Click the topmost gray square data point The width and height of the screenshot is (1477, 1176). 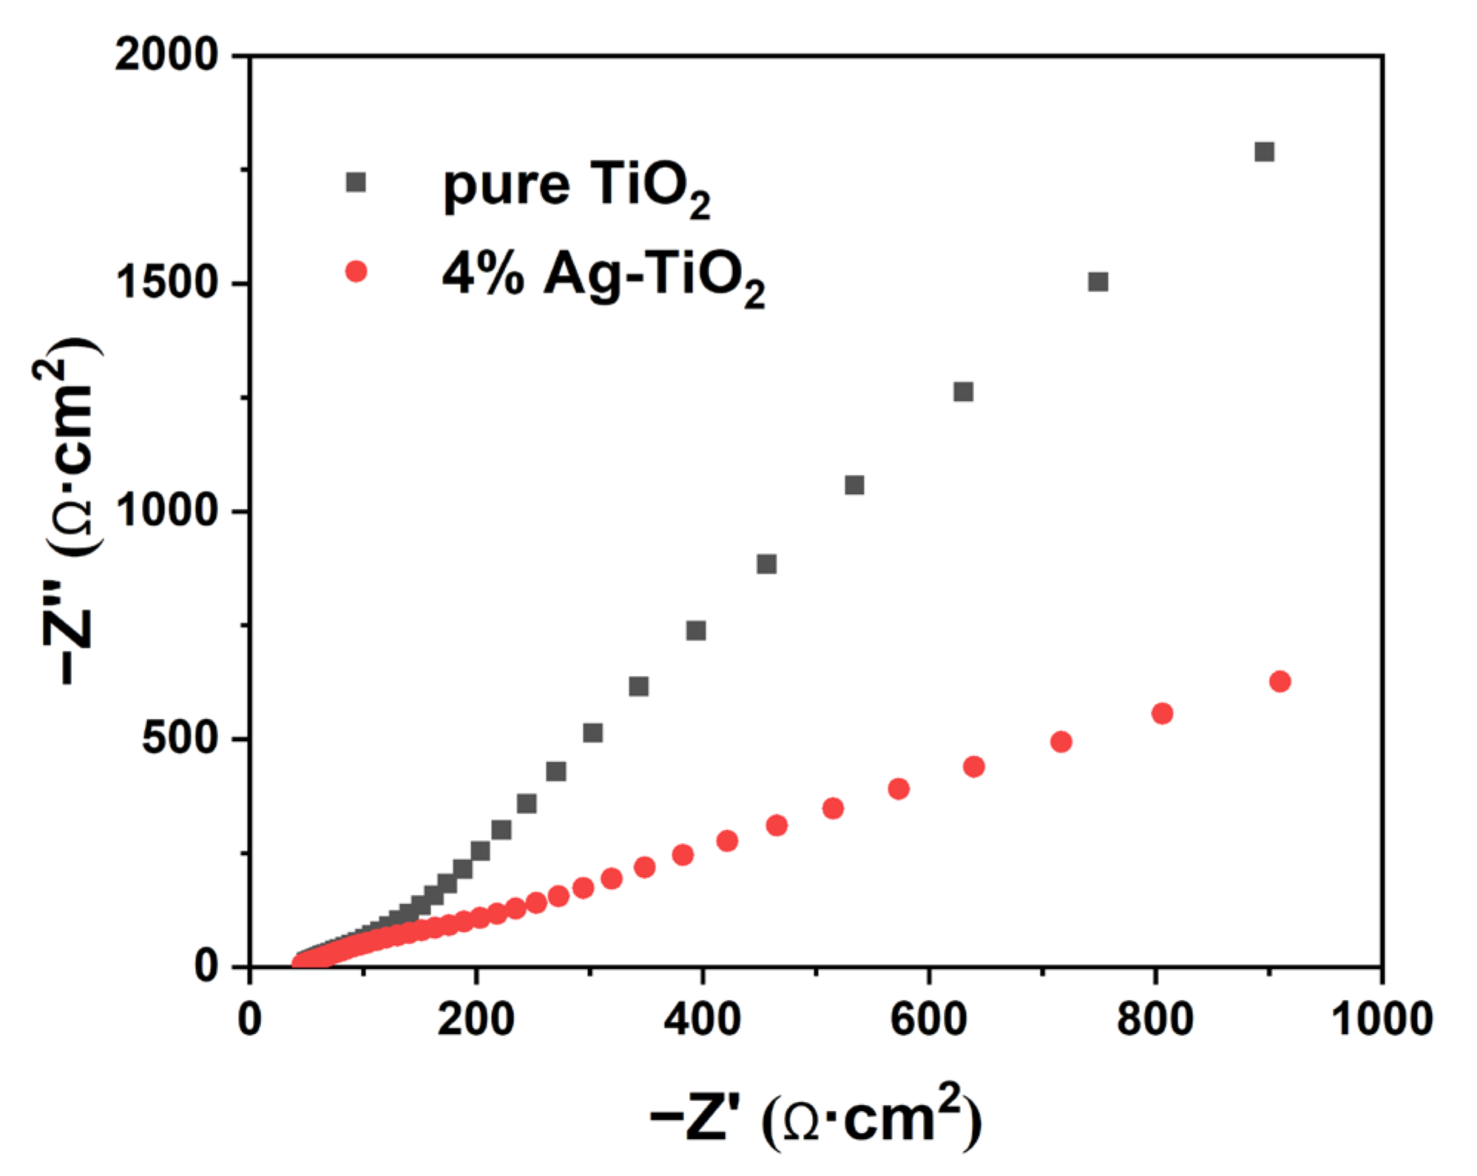(x=1264, y=152)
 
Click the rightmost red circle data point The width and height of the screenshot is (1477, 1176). (x=1280, y=681)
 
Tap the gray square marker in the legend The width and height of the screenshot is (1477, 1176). (x=356, y=182)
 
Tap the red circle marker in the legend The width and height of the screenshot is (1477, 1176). (x=356, y=271)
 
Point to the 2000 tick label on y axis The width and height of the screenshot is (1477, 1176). (x=166, y=55)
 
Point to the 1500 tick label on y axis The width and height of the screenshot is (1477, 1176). (x=166, y=283)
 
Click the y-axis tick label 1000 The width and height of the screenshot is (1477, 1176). (x=166, y=510)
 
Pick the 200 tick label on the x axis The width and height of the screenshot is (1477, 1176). (x=476, y=1018)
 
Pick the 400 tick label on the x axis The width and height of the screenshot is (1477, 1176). (x=702, y=1018)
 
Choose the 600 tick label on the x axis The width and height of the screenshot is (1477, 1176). (x=928, y=1018)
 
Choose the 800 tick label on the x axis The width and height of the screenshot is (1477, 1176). (x=1155, y=1018)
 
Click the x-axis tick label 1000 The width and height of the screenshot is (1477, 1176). (x=1381, y=1018)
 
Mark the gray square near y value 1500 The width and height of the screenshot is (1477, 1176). (x=1098, y=282)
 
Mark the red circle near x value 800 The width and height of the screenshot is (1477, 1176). (x=1162, y=713)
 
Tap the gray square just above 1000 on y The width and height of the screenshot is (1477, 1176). (x=854, y=485)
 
